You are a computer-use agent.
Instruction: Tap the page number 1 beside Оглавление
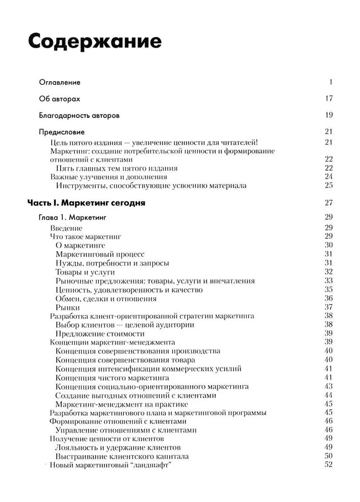pos(331,82)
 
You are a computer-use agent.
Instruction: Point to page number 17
pos(329,98)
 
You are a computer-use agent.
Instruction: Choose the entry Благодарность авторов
pos(79,115)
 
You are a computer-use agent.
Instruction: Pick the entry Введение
pos(66,228)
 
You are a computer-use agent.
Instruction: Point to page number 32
pos(329,272)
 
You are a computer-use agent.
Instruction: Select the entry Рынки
pos(68,307)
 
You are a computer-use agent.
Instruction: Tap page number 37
pos(329,307)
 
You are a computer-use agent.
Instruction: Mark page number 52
pos(329,465)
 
